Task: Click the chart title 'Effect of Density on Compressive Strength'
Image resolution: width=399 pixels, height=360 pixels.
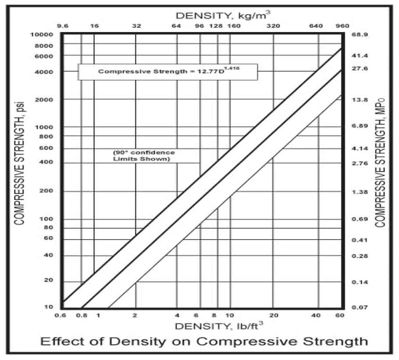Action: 204,341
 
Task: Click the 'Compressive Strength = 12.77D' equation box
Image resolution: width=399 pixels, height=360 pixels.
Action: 167,72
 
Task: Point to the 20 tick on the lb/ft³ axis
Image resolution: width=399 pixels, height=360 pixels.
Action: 273,315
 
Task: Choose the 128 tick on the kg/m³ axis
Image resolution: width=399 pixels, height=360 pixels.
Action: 216,26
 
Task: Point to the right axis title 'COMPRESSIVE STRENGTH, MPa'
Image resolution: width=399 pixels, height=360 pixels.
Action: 381,162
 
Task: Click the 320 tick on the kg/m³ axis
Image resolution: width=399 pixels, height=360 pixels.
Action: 273,26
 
